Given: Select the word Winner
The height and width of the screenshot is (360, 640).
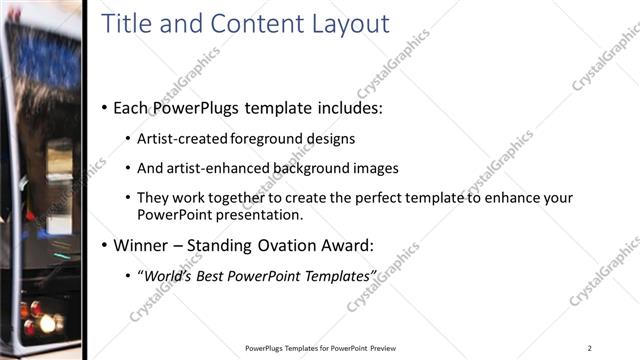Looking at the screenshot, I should click(x=141, y=244).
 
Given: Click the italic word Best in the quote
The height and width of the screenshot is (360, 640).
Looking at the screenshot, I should click(x=213, y=275).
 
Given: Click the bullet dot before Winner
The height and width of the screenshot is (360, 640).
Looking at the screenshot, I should click(x=105, y=245).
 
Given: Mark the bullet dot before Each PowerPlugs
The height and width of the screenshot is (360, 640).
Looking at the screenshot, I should click(x=105, y=108).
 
